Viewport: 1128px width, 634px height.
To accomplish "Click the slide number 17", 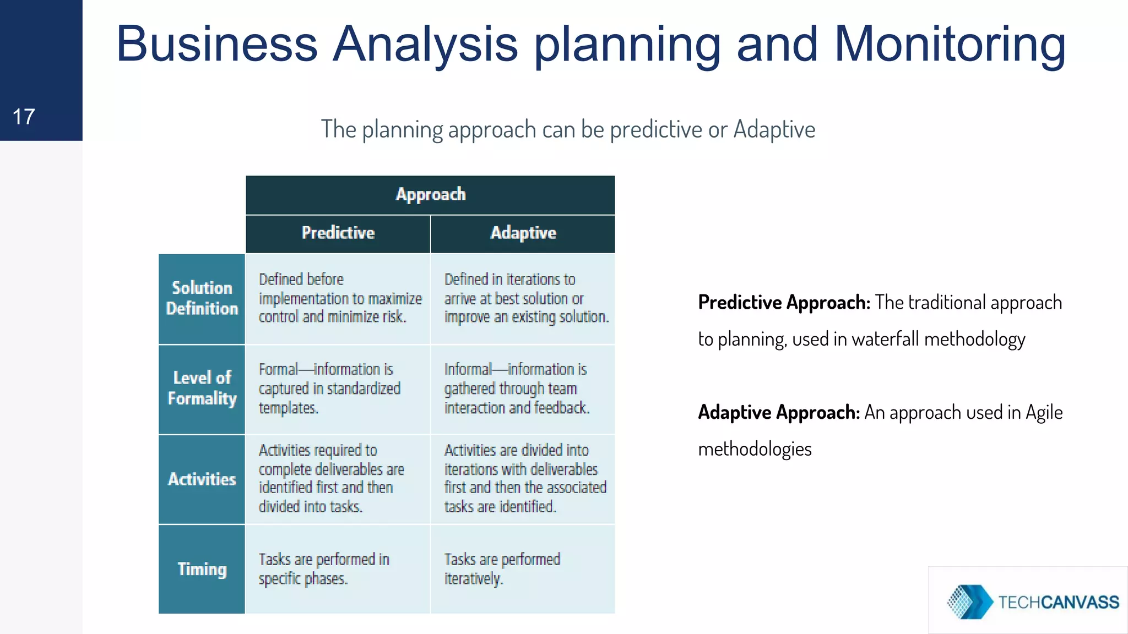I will pyautogui.click(x=24, y=117).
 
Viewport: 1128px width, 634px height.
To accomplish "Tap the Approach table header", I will pyautogui.click(x=430, y=194).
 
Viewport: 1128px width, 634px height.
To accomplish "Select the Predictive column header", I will pyautogui.click(x=338, y=233).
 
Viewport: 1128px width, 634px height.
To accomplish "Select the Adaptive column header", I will pyautogui.click(x=523, y=233).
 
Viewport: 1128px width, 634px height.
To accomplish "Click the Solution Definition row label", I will pyautogui.click(x=202, y=298).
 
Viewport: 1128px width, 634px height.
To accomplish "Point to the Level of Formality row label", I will pyautogui.click(x=202, y=388).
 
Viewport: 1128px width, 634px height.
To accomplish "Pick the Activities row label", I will pyautogui.click(x=202, y=479).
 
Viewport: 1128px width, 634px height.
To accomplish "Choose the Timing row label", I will pyautogui.click(x=202, y=569).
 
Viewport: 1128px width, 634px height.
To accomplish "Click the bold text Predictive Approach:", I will pyautogui.click(x=784, y=303).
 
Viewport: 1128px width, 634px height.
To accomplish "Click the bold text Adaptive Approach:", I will pyautogui.click(x=779, y=412).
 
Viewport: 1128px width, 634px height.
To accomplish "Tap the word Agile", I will pyautogui.click(x=1044, y=412).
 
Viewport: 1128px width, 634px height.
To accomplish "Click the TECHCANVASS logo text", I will pyautogui.click(x=1058, y=602).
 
